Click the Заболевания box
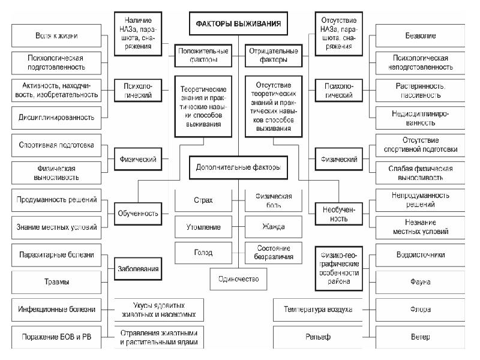coord(137,268)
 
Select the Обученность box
coord(137,213)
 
